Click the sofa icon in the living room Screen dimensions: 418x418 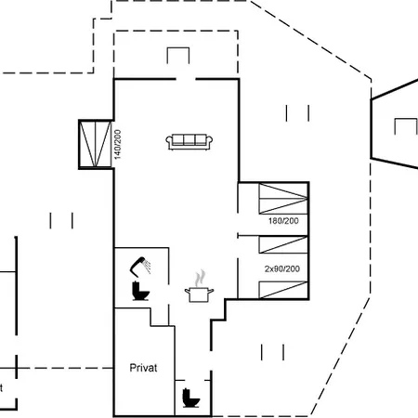point(189,142)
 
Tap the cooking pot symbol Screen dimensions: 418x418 point(199,294)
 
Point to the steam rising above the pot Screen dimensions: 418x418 point(201,278)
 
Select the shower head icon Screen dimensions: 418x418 point(140,267)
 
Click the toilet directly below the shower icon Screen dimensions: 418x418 point(140,291)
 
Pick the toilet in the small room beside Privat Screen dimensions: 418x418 point(190,398)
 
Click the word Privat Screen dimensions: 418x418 point(143,368)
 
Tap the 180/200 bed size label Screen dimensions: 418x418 point(283,221)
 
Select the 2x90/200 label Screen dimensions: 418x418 point(282,268)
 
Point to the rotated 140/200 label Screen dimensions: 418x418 point(118,144)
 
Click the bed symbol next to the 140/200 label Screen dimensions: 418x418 point(95,144)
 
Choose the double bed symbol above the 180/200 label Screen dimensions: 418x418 point(283,199)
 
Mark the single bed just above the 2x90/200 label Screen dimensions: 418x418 point(283,244)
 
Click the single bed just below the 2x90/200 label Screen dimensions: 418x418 point(283,290)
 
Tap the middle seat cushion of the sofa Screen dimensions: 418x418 point(189,139)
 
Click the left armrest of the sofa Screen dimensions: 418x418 point(169,142)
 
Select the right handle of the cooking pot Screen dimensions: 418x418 point(211,291)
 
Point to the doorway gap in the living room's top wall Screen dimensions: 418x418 point(186,79)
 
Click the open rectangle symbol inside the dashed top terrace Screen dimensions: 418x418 point(178,56)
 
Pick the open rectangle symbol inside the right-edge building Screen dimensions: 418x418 point(406,126)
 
